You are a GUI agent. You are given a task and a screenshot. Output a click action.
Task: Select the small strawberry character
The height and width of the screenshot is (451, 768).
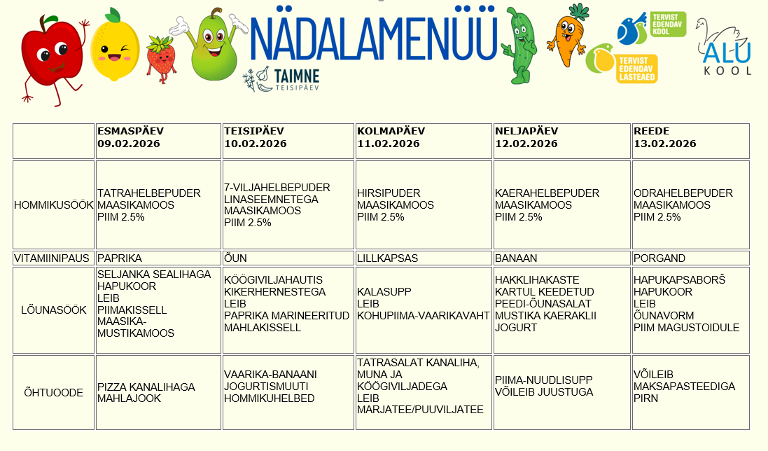click(x=160, y=59)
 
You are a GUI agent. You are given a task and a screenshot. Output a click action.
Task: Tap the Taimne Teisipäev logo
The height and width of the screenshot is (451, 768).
click(x=281, y=79)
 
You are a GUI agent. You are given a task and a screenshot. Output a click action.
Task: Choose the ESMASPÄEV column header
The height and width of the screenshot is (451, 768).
click(x=130, y=131)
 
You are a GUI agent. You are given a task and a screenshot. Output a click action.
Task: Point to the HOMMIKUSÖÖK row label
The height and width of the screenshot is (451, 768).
click(x=54, y=205)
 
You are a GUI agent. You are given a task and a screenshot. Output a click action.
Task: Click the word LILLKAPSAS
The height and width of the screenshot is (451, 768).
click(x=387, y=258)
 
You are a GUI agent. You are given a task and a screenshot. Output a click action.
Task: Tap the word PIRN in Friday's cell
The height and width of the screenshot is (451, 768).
click(x=645, y=398)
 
